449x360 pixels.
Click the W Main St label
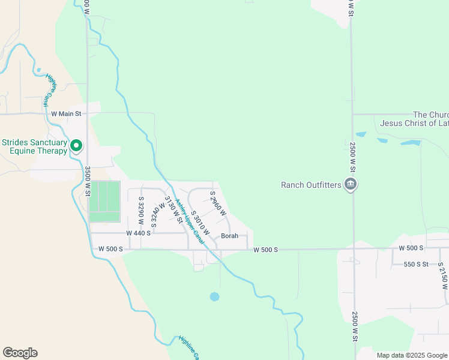click(66, 113)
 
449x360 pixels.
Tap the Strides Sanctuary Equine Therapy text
click(34, 146)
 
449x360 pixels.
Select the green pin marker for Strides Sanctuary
click(76, 145)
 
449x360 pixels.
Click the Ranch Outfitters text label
click(311, 185)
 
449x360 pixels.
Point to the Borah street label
click(229, 236)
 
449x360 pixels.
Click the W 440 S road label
click(139, 233)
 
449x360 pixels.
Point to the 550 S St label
click(415, 264)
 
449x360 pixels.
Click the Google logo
click(20, 353)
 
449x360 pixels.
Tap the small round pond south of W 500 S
click(214, 296)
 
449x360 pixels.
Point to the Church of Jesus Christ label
click(414, 119)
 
